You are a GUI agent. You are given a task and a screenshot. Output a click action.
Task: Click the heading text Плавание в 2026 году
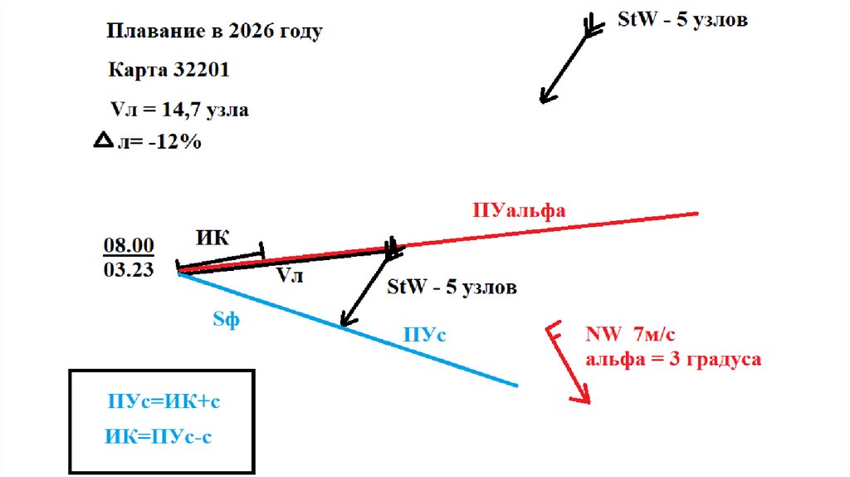click(x=214, y=32)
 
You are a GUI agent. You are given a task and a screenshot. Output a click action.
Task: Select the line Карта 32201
click(x=169, y=71)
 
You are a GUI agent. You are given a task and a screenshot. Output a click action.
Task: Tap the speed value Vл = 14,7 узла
click(x=178, y=109)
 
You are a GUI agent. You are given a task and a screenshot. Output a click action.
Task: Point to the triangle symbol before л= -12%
click(x=103, y=142)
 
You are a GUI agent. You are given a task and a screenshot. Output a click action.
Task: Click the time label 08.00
click(x=129, y=245)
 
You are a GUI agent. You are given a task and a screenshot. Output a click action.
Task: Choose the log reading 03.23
click(x=129, y=269)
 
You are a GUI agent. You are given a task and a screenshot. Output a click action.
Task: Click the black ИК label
click(x=214, y=237)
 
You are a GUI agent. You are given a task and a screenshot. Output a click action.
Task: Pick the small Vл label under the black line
click(x=290, y=275)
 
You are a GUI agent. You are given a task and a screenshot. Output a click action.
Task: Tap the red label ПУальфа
click(x=519, y=210)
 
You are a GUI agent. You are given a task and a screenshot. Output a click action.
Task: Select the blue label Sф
click(x=226, y=319)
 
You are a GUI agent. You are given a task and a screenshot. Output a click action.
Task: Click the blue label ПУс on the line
click(x=425, y=334)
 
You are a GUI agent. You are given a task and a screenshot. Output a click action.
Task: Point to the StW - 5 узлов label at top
click(x=682, y=20)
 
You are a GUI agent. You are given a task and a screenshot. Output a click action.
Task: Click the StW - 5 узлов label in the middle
click(x=452, y=288)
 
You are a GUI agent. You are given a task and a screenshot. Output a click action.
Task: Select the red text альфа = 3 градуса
click(x=673, y=360)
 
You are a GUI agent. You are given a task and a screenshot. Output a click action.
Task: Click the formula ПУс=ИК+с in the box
click(x=164, y=401)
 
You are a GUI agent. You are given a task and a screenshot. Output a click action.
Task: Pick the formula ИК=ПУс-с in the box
click(x=159, y=435)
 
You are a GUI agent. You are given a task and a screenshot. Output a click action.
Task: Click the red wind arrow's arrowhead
click(x=583, y=397)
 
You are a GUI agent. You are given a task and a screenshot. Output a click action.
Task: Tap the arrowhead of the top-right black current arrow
click(x=545, y=96)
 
